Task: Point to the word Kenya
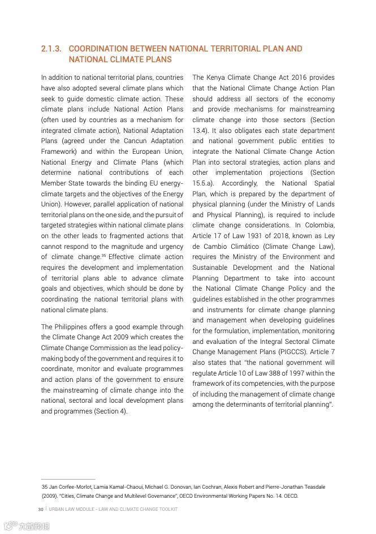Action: coord(221,77)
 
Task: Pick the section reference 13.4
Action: coord(201,130)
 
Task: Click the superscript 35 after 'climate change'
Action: coord(104,256)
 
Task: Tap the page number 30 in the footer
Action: coord(41,509)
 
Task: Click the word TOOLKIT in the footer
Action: coord(167,509)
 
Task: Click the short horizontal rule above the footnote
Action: coord(68,479)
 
